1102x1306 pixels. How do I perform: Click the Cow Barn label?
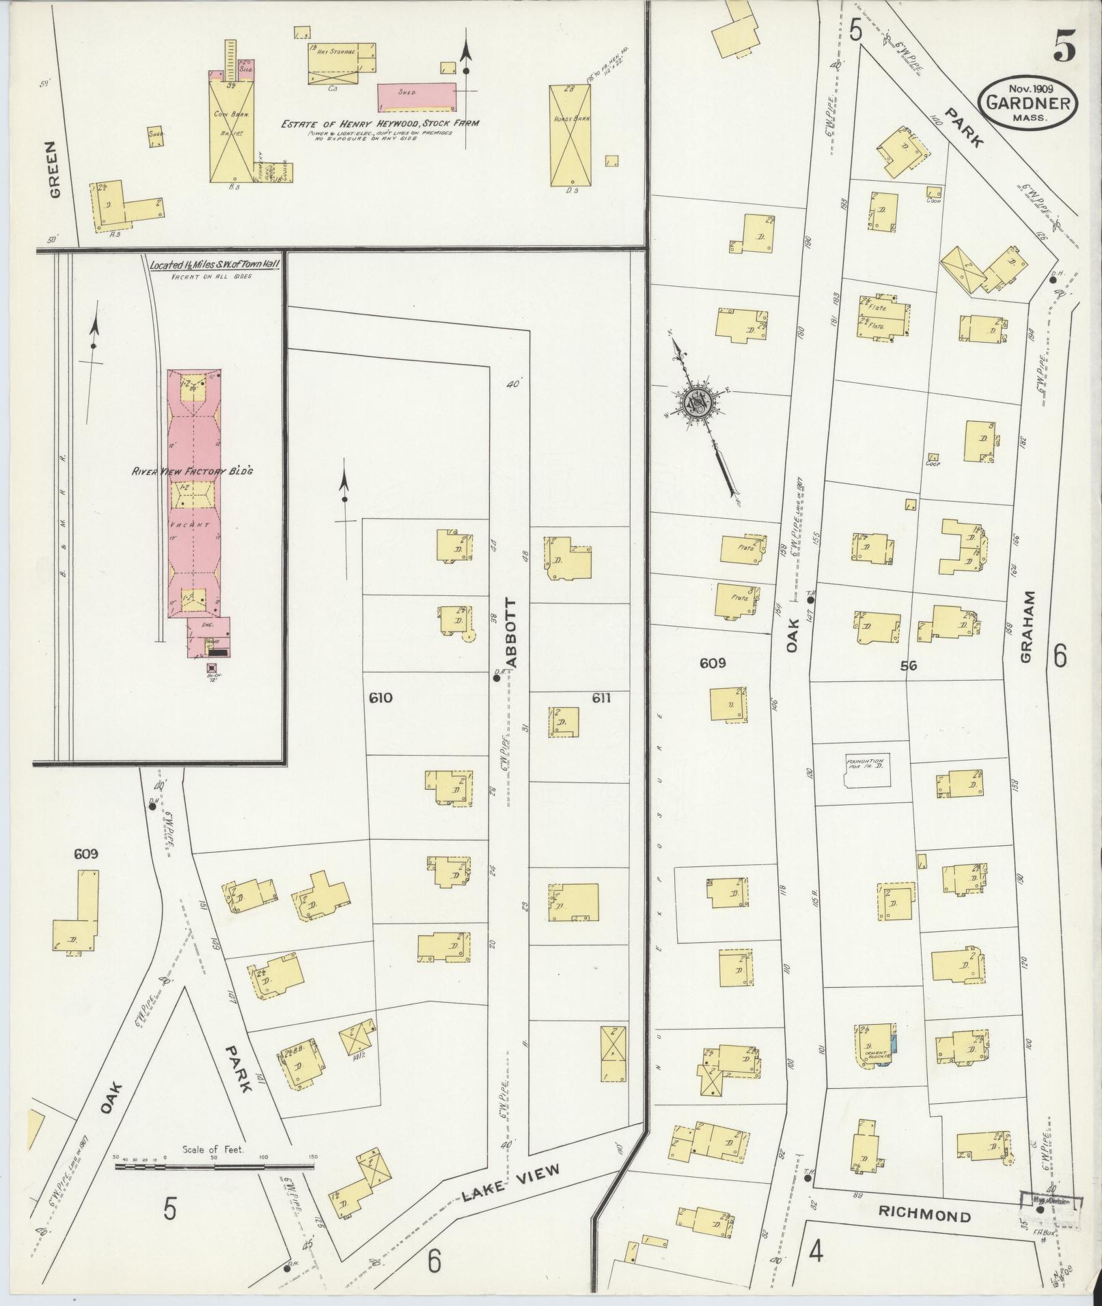pos(231,115)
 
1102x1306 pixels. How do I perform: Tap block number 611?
pos(601,698)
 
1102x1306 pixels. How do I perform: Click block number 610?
pos(380,698)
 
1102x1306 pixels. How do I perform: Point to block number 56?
pos(908,666)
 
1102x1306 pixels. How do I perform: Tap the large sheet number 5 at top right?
pos(1064,47)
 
